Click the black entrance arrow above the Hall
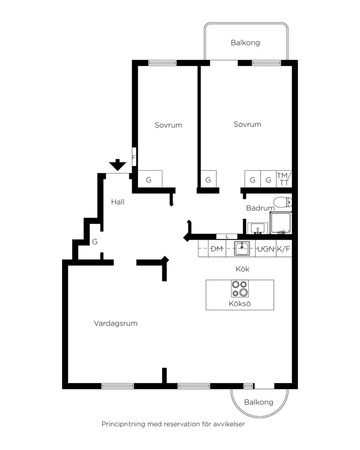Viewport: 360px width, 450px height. (x=117, y=165)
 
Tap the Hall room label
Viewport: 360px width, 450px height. (x=118, y=202)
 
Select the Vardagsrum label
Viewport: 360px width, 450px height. (x=116, y=323)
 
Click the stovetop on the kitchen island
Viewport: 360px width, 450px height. (x=240, y=289)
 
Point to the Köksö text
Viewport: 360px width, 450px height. (x=240, y=304)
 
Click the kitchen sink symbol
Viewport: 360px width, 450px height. (x=242, y=248)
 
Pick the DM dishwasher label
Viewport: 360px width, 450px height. (x=217, y=249)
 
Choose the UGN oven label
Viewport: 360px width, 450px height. (x=266, y=249)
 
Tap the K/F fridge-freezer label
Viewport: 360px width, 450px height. (x=284, y=249)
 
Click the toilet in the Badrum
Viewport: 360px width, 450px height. (x=283, y=202)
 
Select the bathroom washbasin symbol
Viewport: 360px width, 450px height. (x=257, y=228)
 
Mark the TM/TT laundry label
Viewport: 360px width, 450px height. (x=284, y=179)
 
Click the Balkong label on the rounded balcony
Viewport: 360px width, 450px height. (x=259, y=402)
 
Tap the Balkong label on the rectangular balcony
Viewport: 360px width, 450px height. (x=246, y=43)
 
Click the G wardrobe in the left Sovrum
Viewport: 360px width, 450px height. (x=149, y=180)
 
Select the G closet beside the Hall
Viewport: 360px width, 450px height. (x=95, y=242)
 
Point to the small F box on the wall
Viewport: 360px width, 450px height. (x=134, y=157)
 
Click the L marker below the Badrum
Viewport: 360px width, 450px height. (x=227, y=237)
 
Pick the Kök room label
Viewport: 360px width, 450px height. (x=243, y=269)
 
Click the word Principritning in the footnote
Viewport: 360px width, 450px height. (x=123, y=424)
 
